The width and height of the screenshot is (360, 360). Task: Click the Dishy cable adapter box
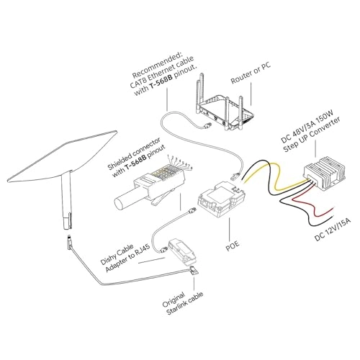point(183,248)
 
